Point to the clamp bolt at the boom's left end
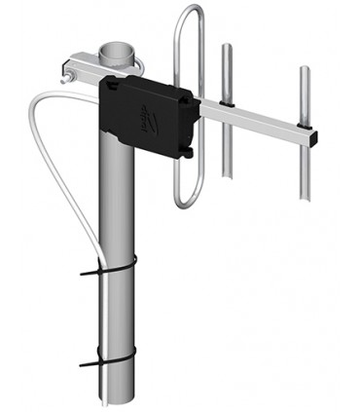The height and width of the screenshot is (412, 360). click(69, 72)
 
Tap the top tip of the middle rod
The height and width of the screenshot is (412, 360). click(227, 45)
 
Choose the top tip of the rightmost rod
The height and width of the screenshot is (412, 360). click(305, 69)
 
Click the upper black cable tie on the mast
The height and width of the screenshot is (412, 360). click(112, 264)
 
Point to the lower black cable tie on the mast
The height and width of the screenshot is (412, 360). click(112, 363)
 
